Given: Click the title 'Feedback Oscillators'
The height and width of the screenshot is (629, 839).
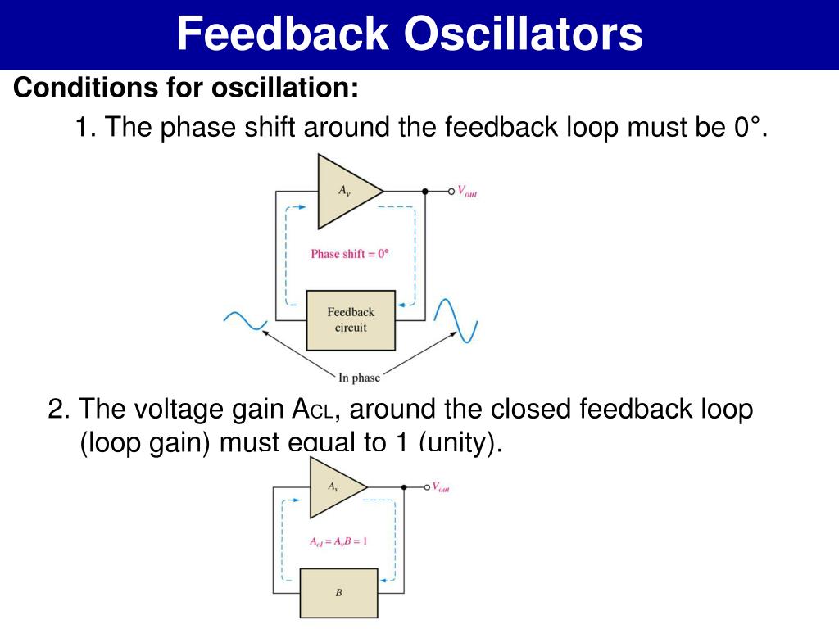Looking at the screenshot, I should pos(410,34).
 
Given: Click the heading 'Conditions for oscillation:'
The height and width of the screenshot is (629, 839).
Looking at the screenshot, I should pos(186,87).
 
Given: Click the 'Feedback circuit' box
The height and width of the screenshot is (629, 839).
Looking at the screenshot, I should pos(351,320).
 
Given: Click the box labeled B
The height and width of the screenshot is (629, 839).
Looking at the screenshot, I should pos(338,593).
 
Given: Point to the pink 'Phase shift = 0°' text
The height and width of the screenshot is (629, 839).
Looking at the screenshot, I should pos(350,254).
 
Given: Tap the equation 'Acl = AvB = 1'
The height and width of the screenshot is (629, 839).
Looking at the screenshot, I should pos(338,541).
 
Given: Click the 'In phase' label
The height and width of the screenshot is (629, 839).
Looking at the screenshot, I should pos(359,378).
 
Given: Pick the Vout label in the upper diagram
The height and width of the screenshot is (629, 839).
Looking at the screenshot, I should pos(467,192).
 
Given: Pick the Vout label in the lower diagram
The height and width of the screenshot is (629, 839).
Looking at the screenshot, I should pos(441,487).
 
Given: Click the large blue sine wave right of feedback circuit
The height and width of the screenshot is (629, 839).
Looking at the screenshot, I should pos(456,320).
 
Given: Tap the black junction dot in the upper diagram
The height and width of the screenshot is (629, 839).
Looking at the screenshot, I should pos(424,192).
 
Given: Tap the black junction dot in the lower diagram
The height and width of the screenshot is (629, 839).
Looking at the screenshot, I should pos(404,487).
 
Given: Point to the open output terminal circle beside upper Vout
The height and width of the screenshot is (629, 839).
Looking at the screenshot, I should pos(450,192).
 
